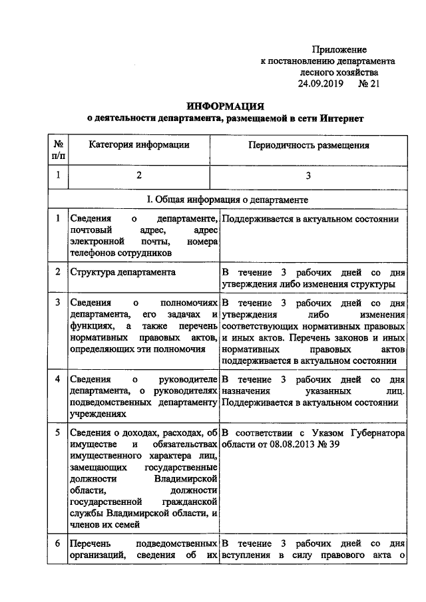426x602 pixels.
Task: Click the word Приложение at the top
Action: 339,50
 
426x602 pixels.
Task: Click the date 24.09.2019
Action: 321,84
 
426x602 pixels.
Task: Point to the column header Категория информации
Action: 139,145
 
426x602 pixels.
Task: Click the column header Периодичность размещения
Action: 308,145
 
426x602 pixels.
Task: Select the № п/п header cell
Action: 58,150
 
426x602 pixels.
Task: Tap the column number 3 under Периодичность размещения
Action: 308,176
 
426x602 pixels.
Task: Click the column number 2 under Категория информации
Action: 139,176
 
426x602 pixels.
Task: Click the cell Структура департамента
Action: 123,273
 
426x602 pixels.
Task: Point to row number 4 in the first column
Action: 58,378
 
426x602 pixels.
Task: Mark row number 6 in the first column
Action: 58,543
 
